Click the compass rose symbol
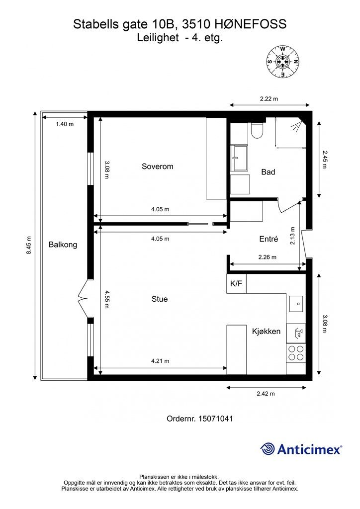tap(283, 62)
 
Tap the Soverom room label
tap(158, 167)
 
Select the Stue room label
tap(160, 299)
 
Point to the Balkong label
tap(63, 245)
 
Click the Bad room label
tap(268, 172)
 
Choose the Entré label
tap(269, 239)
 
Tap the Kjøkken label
tap(266, 332)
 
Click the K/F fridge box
tap(236, 284)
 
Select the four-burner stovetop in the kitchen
tap(296, 353)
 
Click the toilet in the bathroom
tap(257, 131)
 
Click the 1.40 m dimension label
tap(65, 124)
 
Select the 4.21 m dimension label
tap(160, 361)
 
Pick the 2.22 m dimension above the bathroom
tap(269, 99)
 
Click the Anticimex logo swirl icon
tap(267, 449)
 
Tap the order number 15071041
tap(216, 419)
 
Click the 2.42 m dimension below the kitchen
tap(266, 394)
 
